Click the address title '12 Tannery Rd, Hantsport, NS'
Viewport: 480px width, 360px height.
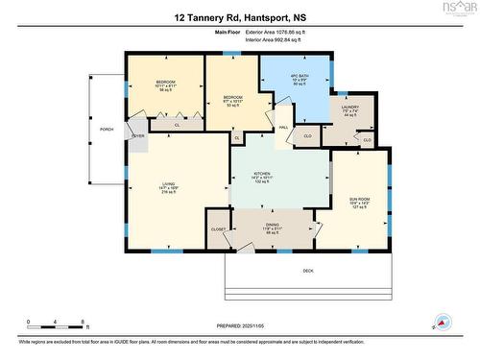(239, 17)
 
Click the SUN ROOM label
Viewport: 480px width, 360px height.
(358, 204)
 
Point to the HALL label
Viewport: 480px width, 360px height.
(284, 127)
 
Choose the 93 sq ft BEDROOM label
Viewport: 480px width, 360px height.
(233, 100)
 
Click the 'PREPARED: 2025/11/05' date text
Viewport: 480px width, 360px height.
(239, 324)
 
